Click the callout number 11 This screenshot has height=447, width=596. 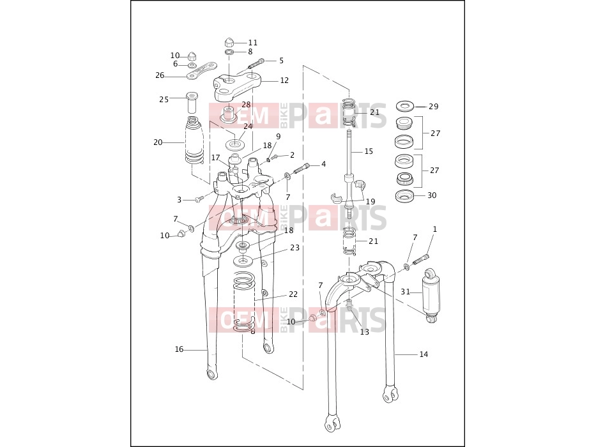pyautogui.click(x=253, y=43)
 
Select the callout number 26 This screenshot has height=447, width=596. pyautogui.click(x=160, y=75)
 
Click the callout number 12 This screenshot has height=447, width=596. pyautogui.click(x=284, y=80)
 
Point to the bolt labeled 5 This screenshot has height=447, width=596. pyautogui.click(x=256, y=63)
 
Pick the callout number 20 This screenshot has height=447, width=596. pyautogui.click(x=158, y=142)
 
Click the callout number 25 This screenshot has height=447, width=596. pyautogui.click(x=164, y=99)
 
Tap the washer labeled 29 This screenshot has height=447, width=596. pyautogui.click(x=405, y=106)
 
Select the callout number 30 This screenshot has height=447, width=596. pyautogui.click(x=432, y=195)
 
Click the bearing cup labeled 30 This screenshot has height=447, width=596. pyautogui.click(x=405, y=196)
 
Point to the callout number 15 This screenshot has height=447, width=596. pyautogui.click(x=369, y=151)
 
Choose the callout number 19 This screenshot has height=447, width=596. pyautogui.click(x=371, y=201)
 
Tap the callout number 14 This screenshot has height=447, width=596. pyautogui.click(x=424, y=354)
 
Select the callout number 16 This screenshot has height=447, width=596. pyautogui.click(x=179, y=349)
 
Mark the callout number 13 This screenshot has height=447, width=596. pyautogui.click(x=365, y=332)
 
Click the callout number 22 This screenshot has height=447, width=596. pyautogui.click(x=293, y=294)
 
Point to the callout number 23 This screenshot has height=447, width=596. pyautogui.click(x=294, y=248)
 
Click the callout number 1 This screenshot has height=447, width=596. pyautogui.click(x=435, y=229)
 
